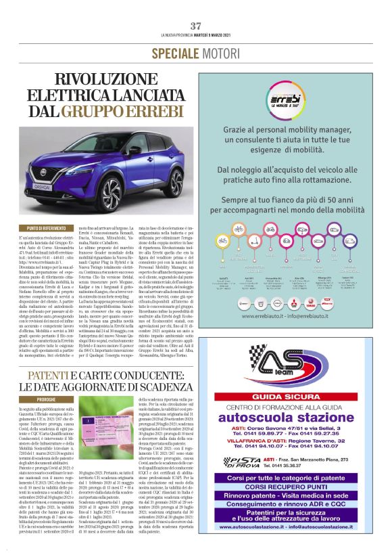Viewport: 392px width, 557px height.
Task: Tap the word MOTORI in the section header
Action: [x=220, y=53]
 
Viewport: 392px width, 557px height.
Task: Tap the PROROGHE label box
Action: [x=47, y=400]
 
